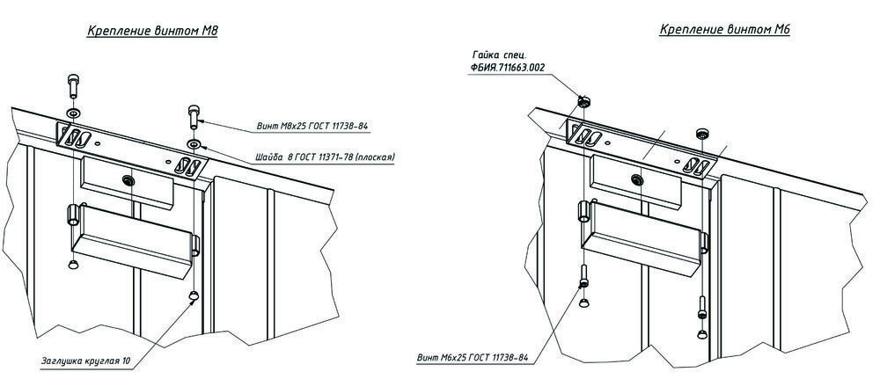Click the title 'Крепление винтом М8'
click(x=152, y=32)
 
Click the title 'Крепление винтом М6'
click(x=725, y=30)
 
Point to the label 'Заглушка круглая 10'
click(x=92, y=361)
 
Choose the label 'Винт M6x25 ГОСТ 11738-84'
click(x=473, y=358)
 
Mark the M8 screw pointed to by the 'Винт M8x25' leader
click(x=194, y=116)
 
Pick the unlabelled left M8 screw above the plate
click(x=71, y=88)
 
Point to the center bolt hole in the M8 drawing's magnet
click(x=128, y=179)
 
